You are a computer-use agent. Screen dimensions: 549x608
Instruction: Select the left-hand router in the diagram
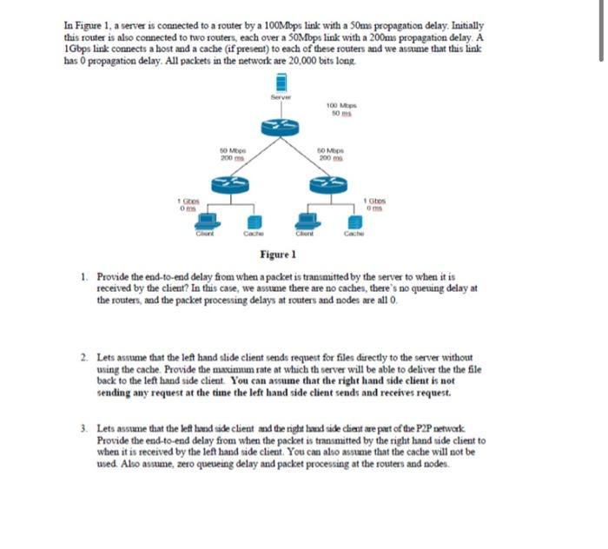(x=231, y=184)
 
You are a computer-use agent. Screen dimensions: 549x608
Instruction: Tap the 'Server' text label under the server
(x=281, y=97)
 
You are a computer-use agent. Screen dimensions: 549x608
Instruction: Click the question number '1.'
(x=82, y=274)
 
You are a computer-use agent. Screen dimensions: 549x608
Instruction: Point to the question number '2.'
(x=82, y=357)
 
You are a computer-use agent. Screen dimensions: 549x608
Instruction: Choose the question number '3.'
(x=82, y=429)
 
